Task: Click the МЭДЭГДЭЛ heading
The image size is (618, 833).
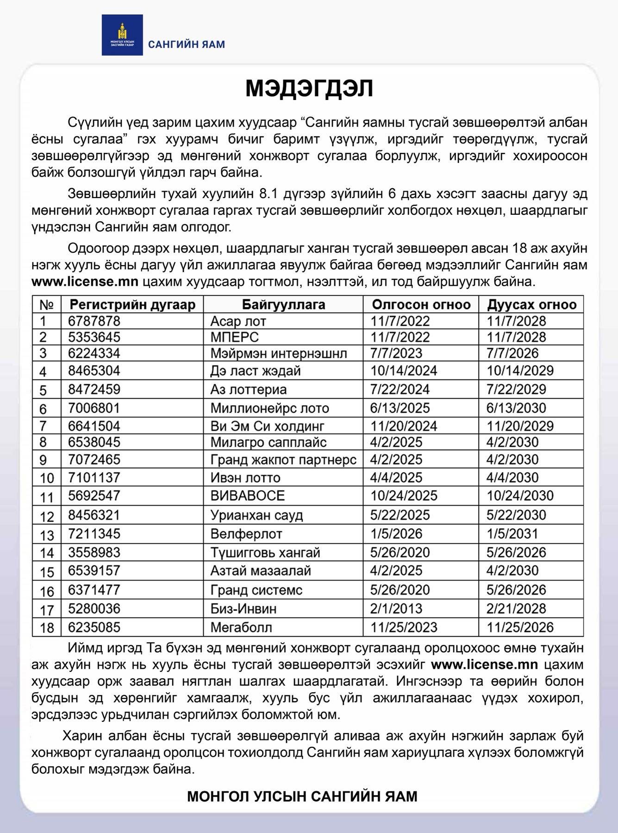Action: (309, 88)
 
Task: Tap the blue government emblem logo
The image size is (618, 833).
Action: (122, 35)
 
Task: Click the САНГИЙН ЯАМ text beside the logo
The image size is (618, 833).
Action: (186, 44)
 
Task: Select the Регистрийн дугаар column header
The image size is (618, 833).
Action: (132, 305)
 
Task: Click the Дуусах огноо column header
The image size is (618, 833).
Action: (531, 305)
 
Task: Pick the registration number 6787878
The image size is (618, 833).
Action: (94, 321)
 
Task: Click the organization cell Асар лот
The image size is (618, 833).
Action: (238, 321)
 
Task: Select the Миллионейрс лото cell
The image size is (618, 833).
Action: (269, 408)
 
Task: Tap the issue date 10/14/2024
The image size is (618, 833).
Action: (404, 371)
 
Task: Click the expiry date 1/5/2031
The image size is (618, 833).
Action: (512, 534)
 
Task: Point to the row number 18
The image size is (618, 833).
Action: (47, 628)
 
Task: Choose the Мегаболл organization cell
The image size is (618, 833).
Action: (241, 628)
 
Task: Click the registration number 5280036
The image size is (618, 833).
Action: (94, 609)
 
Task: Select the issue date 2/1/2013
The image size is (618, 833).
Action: (396, 609)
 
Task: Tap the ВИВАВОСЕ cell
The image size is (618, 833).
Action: (247, 496)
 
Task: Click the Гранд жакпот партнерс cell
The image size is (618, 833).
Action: (283, 460)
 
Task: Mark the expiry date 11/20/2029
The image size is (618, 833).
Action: (520, 426)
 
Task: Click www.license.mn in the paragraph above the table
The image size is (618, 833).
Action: (85, 282)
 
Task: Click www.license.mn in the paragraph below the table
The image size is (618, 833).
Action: (484, 665)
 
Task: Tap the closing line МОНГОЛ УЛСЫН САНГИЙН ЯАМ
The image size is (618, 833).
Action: (302, 796)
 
